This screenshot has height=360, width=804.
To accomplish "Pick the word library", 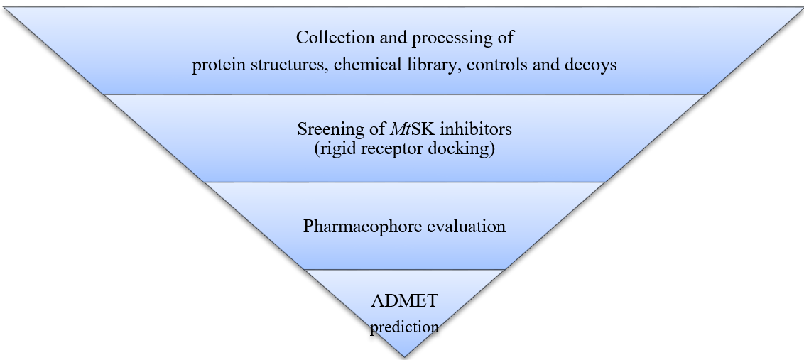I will [428, 65].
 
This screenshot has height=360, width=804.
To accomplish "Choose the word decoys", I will [592, 65].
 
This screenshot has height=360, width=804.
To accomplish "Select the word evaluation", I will [467, 227].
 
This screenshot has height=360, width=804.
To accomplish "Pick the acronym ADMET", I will [404, 301].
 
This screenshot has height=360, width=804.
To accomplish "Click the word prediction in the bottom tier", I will [404, 327].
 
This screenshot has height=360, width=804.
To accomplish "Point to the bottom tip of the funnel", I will [404, 355].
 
